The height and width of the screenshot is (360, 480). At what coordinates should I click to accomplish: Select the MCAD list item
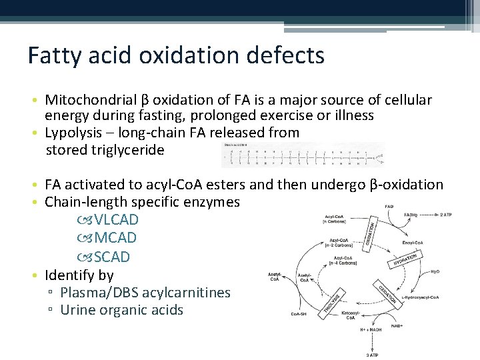116,238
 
